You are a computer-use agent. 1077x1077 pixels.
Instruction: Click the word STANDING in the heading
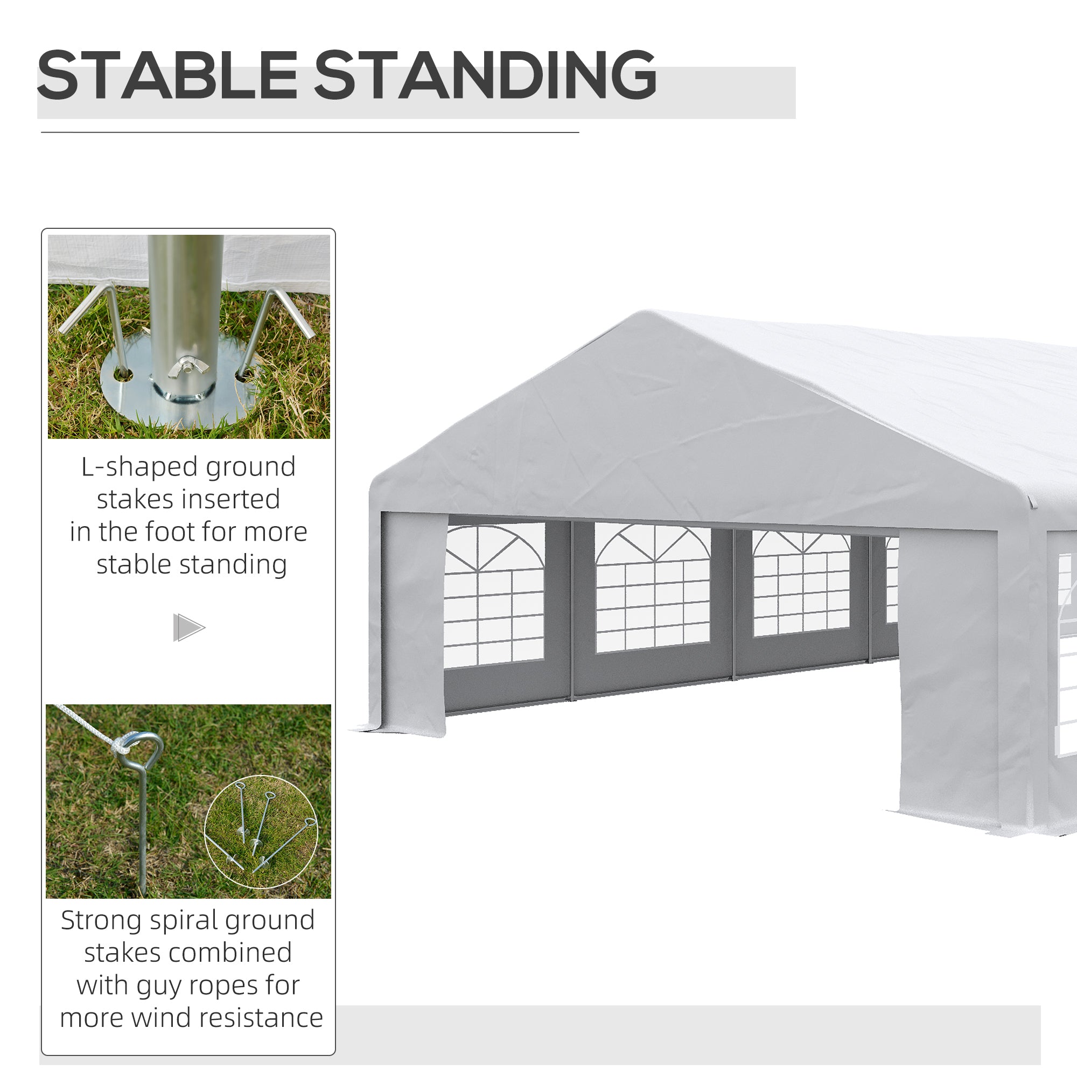(485, 75)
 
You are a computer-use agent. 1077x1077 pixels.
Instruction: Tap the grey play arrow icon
(188, 628)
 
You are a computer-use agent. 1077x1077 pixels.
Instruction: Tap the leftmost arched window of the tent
(494, 593)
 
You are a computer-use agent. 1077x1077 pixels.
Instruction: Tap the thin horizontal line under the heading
(310, 132)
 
